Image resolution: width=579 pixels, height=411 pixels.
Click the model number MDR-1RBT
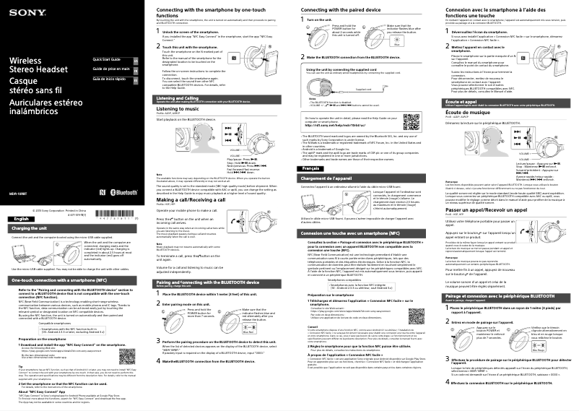pyautogui.click(x=18, y=173)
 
